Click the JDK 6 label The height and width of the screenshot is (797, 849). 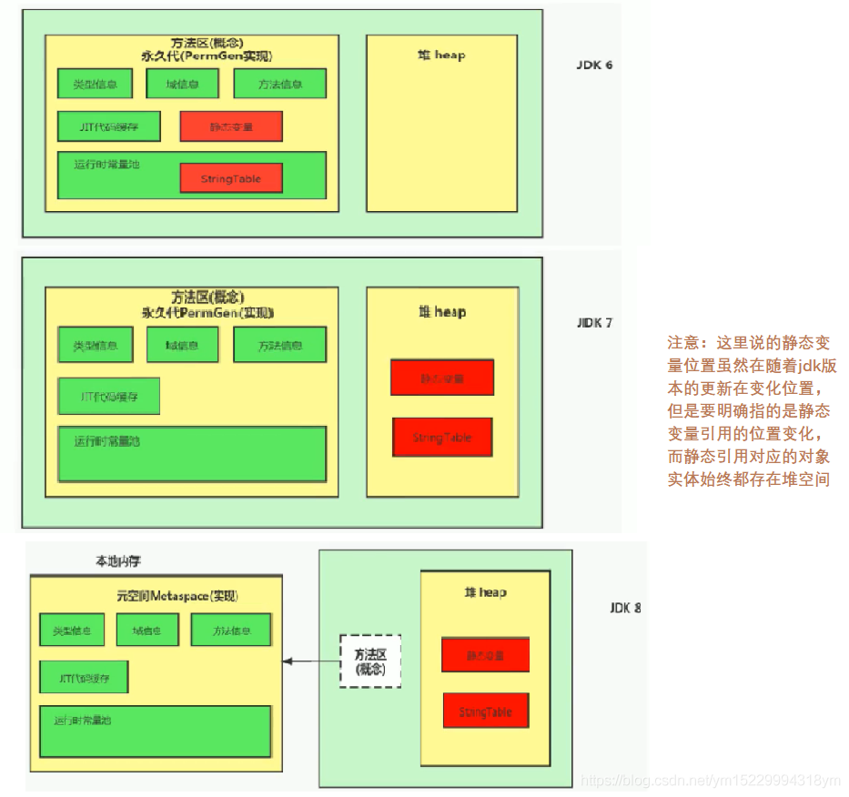pos(593,66)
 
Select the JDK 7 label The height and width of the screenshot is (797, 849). pos(594,322)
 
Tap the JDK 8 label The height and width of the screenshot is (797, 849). pos(625,607)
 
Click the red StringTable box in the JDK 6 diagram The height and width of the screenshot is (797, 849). pos(231,178)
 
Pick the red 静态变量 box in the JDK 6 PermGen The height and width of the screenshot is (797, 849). pos(231,126)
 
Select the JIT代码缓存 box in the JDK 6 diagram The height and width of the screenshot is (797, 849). pos(109,126)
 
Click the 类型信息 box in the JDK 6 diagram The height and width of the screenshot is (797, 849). pos(94,84)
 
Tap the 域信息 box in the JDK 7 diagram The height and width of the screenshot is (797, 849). pos(183,345)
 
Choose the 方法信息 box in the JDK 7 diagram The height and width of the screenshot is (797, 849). pos(279,345)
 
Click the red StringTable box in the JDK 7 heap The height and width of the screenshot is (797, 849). pos(442,438)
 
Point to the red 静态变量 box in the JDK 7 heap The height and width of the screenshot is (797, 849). pos(442,378)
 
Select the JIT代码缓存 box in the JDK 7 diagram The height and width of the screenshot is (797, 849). pos(109,396)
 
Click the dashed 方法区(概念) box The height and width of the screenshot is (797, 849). pos(370,661)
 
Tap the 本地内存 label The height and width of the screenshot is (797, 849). pos(118,561)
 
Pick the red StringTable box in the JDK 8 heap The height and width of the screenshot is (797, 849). pos(485,711)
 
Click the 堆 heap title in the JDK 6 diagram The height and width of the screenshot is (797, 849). pos(441,55)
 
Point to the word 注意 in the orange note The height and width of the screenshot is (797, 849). pos(682,343)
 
